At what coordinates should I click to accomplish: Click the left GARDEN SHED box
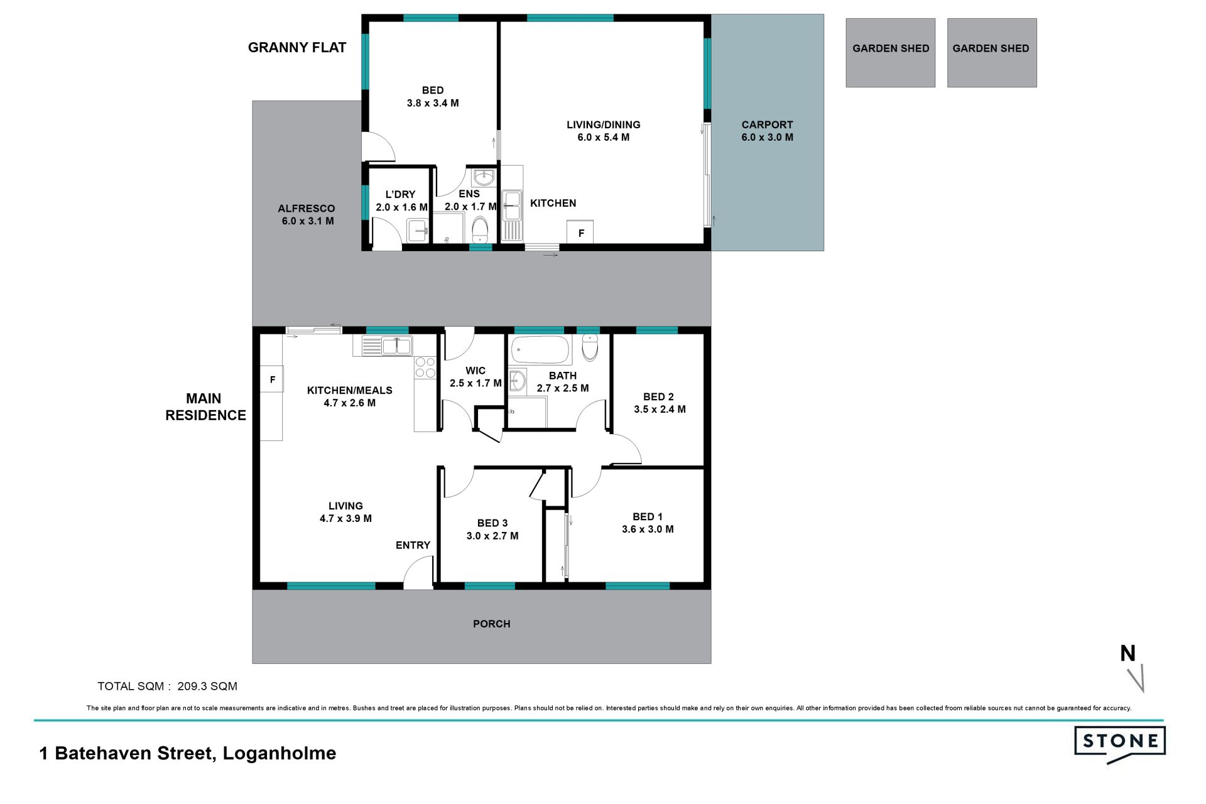pos(890,53)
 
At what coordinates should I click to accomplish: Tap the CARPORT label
pos(767,124)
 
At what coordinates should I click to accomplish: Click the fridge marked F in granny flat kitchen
pos(580,232)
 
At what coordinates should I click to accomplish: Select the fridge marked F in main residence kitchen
pos(272,379)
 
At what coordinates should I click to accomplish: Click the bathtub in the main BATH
pos(540,350)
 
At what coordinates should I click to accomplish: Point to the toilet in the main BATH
pos(590,347)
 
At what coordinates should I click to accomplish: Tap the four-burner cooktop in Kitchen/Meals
pos(425,367)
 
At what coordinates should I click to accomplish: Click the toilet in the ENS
pos(480,230)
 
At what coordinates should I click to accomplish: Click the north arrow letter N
pos(1127,653)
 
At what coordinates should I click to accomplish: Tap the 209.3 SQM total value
pos(207,686)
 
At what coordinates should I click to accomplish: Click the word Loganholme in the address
pos(280,753)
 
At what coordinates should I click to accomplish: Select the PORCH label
pos(491,624)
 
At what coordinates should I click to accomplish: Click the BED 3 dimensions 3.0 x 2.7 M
pos(492,536)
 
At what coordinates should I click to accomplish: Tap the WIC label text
pos(475,371)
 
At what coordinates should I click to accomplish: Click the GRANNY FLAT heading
pos(297,48)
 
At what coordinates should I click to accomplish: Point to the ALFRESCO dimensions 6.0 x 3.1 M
pos(308,221)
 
